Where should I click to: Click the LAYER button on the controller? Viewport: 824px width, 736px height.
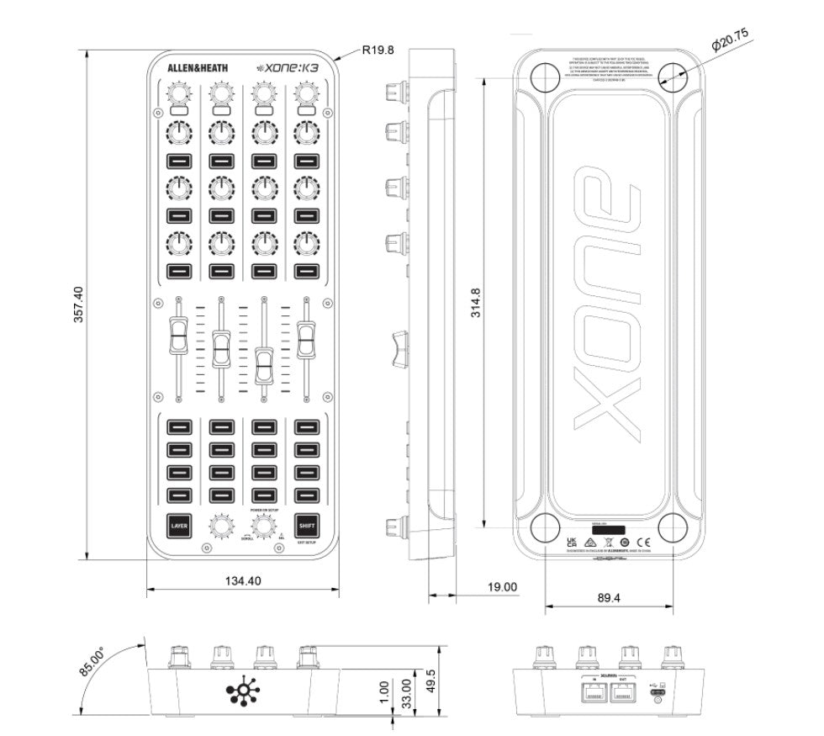coord(179,526)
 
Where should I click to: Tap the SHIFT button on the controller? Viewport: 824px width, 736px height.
coord(308,526)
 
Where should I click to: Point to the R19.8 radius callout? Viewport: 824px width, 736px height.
coord(378,50)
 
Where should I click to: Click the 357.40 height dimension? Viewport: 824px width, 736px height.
coord(78,304)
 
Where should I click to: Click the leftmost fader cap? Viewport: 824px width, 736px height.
coord(178,337)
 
